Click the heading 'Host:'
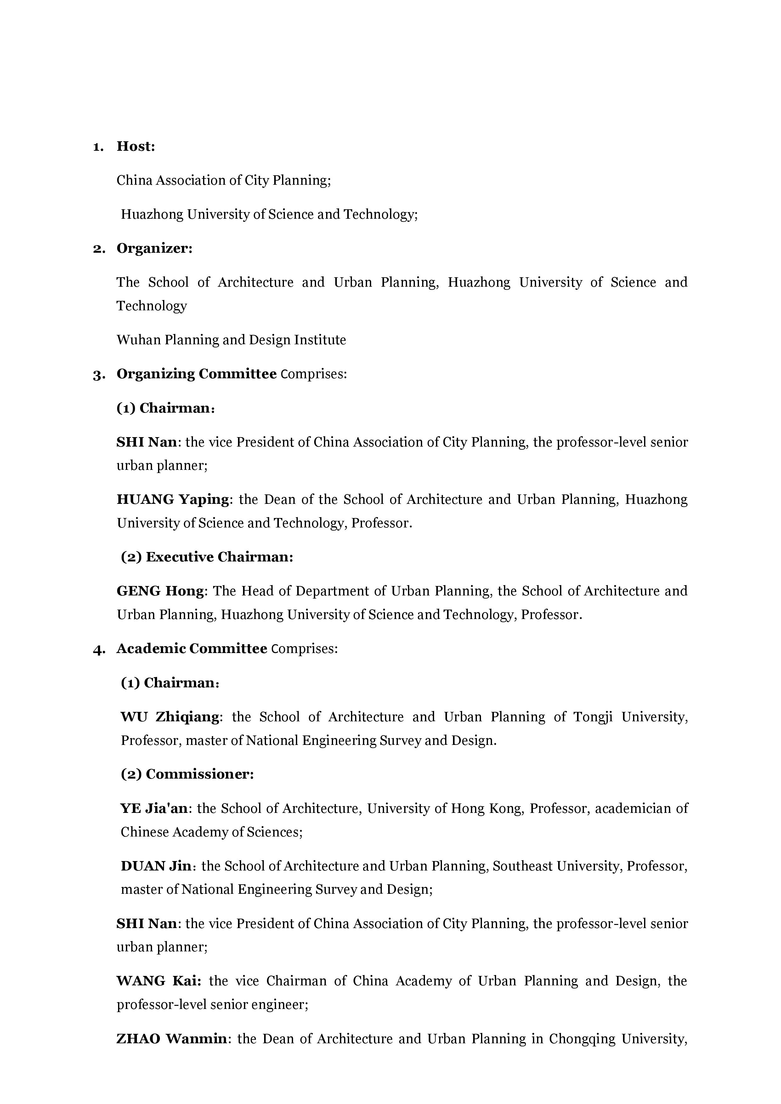[x=136, y=147]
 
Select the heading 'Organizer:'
[x=154, y=249]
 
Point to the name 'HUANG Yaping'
[x=173, y=499]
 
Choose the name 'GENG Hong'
[x=161, y=591]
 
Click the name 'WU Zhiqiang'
[x=170, y=717]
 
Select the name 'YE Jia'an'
[x=154, y=808]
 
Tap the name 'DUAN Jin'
[x=156, y=866]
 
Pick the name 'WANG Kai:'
[x=159, y=981]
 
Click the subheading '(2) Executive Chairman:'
[x=207, y=557]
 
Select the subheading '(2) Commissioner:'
[x=187, y=774]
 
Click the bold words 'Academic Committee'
[x=192, y=649]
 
